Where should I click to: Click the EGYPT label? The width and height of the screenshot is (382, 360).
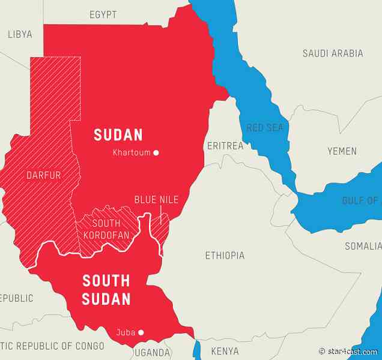click(x=103, y=14)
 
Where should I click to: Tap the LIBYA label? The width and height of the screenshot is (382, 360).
click(x=20, y=34)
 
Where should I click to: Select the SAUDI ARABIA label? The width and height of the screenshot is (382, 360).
click(x=332, y=53)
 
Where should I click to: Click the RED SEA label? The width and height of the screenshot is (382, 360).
click(x=264, y=127)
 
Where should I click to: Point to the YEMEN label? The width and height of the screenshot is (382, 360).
click(x=341, y=151)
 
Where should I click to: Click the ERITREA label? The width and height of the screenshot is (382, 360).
click(x=225, y=146)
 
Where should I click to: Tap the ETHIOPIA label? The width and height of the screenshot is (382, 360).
click(x=225, y=256)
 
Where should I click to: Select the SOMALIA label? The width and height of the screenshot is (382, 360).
click(x=363, y=246)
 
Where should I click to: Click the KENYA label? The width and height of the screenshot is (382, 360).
click(x=225, y=351)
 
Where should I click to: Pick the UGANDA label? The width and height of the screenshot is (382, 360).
click(x=151, y=352)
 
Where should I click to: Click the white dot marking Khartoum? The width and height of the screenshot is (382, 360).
click(x=156, y=153)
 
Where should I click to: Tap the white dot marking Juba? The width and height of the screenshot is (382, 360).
click(x=141, y=332)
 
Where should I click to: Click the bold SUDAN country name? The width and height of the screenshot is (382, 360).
click(x=118, y=134)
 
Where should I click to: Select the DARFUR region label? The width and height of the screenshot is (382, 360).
click(x=44, y=176)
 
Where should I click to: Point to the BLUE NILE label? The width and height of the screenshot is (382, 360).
click(x=156, y=200)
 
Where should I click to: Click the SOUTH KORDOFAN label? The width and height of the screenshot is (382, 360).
click(x=106, y=229)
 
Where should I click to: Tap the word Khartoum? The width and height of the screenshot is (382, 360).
click(x=132, y=153)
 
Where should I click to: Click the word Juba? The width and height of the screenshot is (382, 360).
click(x=126, y=332)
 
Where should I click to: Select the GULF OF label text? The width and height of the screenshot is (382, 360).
click(x=360, y=200)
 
